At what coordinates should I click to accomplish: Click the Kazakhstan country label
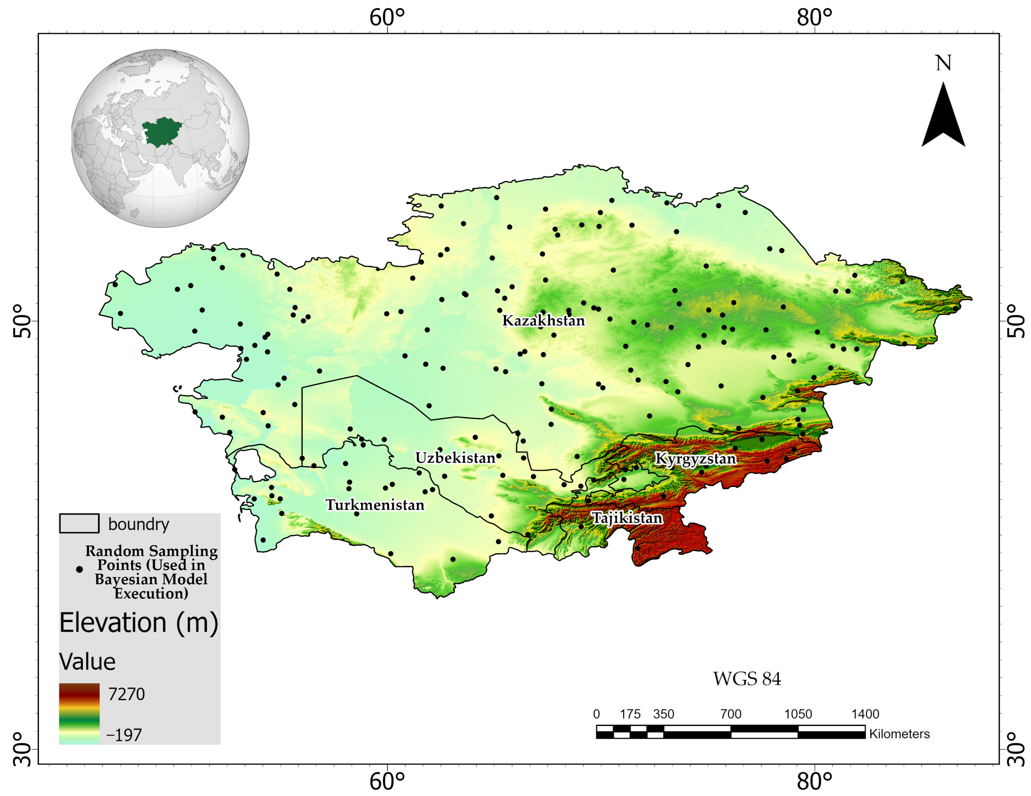tap(543, 321)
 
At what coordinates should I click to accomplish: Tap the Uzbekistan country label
tap(455, 458)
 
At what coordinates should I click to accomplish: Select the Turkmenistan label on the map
tap(375, 505)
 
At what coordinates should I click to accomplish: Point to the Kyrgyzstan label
tap(695, 459)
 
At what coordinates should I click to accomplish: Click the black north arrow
tap(943, 118)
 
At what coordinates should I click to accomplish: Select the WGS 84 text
tap(747, 679)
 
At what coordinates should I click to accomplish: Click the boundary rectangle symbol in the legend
tap(79, 523)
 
